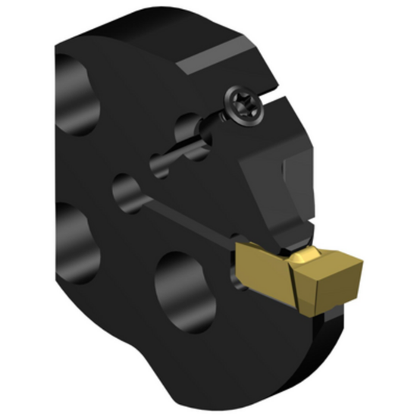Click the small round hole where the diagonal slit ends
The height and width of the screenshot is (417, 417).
tap(125, 190)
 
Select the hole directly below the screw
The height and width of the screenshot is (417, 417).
tap(190, 136)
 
